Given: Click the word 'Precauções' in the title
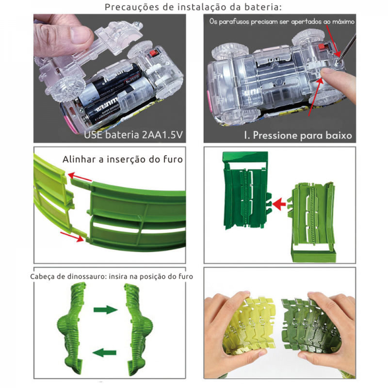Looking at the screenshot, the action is (x=132, y=7).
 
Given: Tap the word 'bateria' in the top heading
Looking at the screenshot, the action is (x=263, y=7).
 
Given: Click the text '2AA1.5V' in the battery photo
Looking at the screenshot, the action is (x=162, y=135).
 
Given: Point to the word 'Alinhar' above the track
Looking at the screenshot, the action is (x=79, y=159).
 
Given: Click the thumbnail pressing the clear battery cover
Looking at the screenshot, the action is (x=79, y=34).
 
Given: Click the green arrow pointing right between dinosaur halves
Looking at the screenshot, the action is (x=105, y=309).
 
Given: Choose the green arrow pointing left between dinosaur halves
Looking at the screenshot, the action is (x=104, y=353).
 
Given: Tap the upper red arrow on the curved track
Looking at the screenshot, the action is (x=80, y=177).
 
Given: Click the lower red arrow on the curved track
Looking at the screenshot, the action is (x=72, y=237).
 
